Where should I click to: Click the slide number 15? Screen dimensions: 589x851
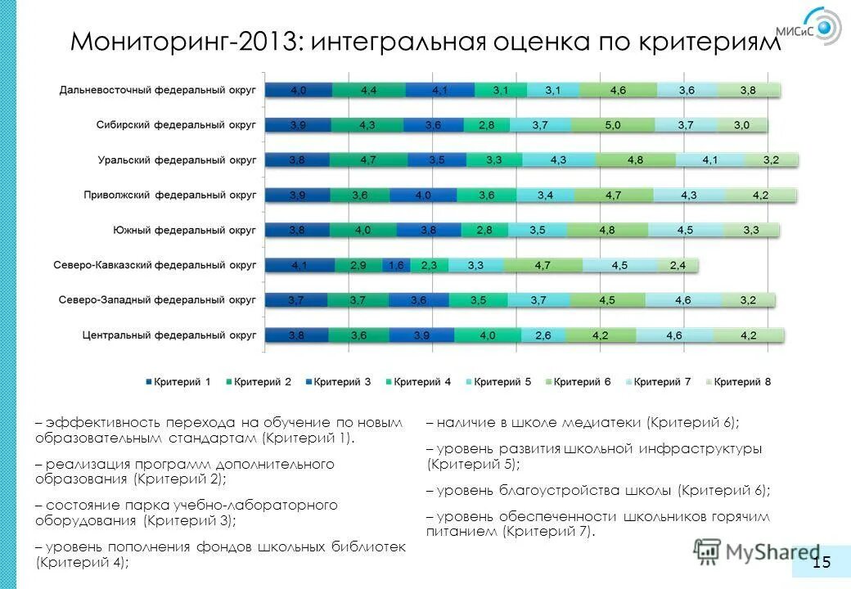[x=821, y=561]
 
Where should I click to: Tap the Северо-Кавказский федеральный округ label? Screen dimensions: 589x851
[x=155, y=265]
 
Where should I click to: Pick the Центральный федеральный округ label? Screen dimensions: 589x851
[x=169, y=335]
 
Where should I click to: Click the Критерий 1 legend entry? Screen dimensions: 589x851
[x=179, y=381]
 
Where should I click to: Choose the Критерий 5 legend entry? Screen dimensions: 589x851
[x=499, y=381]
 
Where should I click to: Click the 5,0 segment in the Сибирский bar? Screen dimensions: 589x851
[x=613, y=125]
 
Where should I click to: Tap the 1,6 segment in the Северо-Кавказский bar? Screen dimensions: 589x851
[x=396, y=265]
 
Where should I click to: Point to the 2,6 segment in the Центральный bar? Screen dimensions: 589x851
[x=543, y=335]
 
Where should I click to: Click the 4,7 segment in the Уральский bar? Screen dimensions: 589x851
[x=368, y=160]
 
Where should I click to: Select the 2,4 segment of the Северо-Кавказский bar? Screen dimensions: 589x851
[x=678, y=265]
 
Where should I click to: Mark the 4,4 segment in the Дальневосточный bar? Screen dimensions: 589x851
[x=368, y=90]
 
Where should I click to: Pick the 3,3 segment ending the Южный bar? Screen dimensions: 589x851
[x=750, y=231]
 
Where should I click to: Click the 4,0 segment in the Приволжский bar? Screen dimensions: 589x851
[x=423, y=196]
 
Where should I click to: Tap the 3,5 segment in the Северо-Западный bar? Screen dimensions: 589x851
[x=478, y=300]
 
